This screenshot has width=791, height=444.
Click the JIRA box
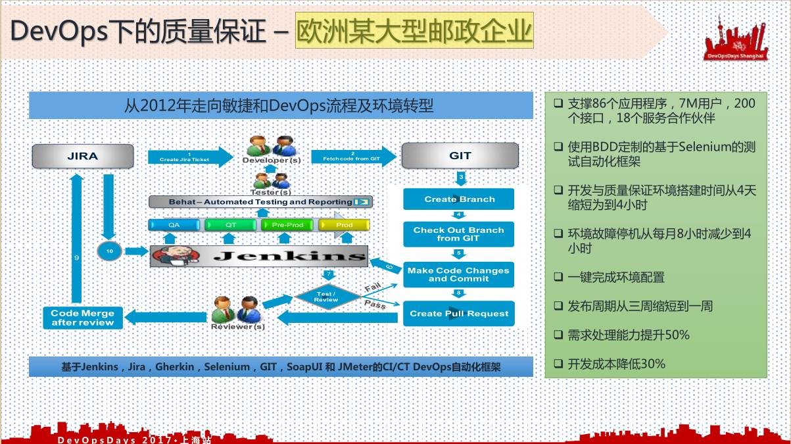[83, 156]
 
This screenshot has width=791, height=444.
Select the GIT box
[460, 156]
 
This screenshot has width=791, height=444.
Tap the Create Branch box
[459, 199]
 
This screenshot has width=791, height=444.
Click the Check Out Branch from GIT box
[459, 234]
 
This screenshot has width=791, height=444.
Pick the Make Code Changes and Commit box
[459, 274]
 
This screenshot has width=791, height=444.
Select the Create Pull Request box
[459, 314]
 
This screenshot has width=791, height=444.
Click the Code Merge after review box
[83, 318]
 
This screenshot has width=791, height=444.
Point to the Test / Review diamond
[326, 296]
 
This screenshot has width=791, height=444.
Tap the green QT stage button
[231, 225]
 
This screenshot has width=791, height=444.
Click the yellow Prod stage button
[345, 225]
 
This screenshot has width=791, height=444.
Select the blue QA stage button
[174, 225]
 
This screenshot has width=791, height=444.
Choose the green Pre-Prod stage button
[288, 225]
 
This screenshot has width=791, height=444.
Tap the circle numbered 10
[109, 251]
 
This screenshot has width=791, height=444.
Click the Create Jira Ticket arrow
[189, 157]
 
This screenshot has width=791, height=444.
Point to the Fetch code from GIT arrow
[353, 157]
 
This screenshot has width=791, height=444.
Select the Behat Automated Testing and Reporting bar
[261, 202]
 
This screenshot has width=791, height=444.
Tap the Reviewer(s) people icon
[238, 309]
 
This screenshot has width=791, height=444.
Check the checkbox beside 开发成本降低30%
[558, 363]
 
